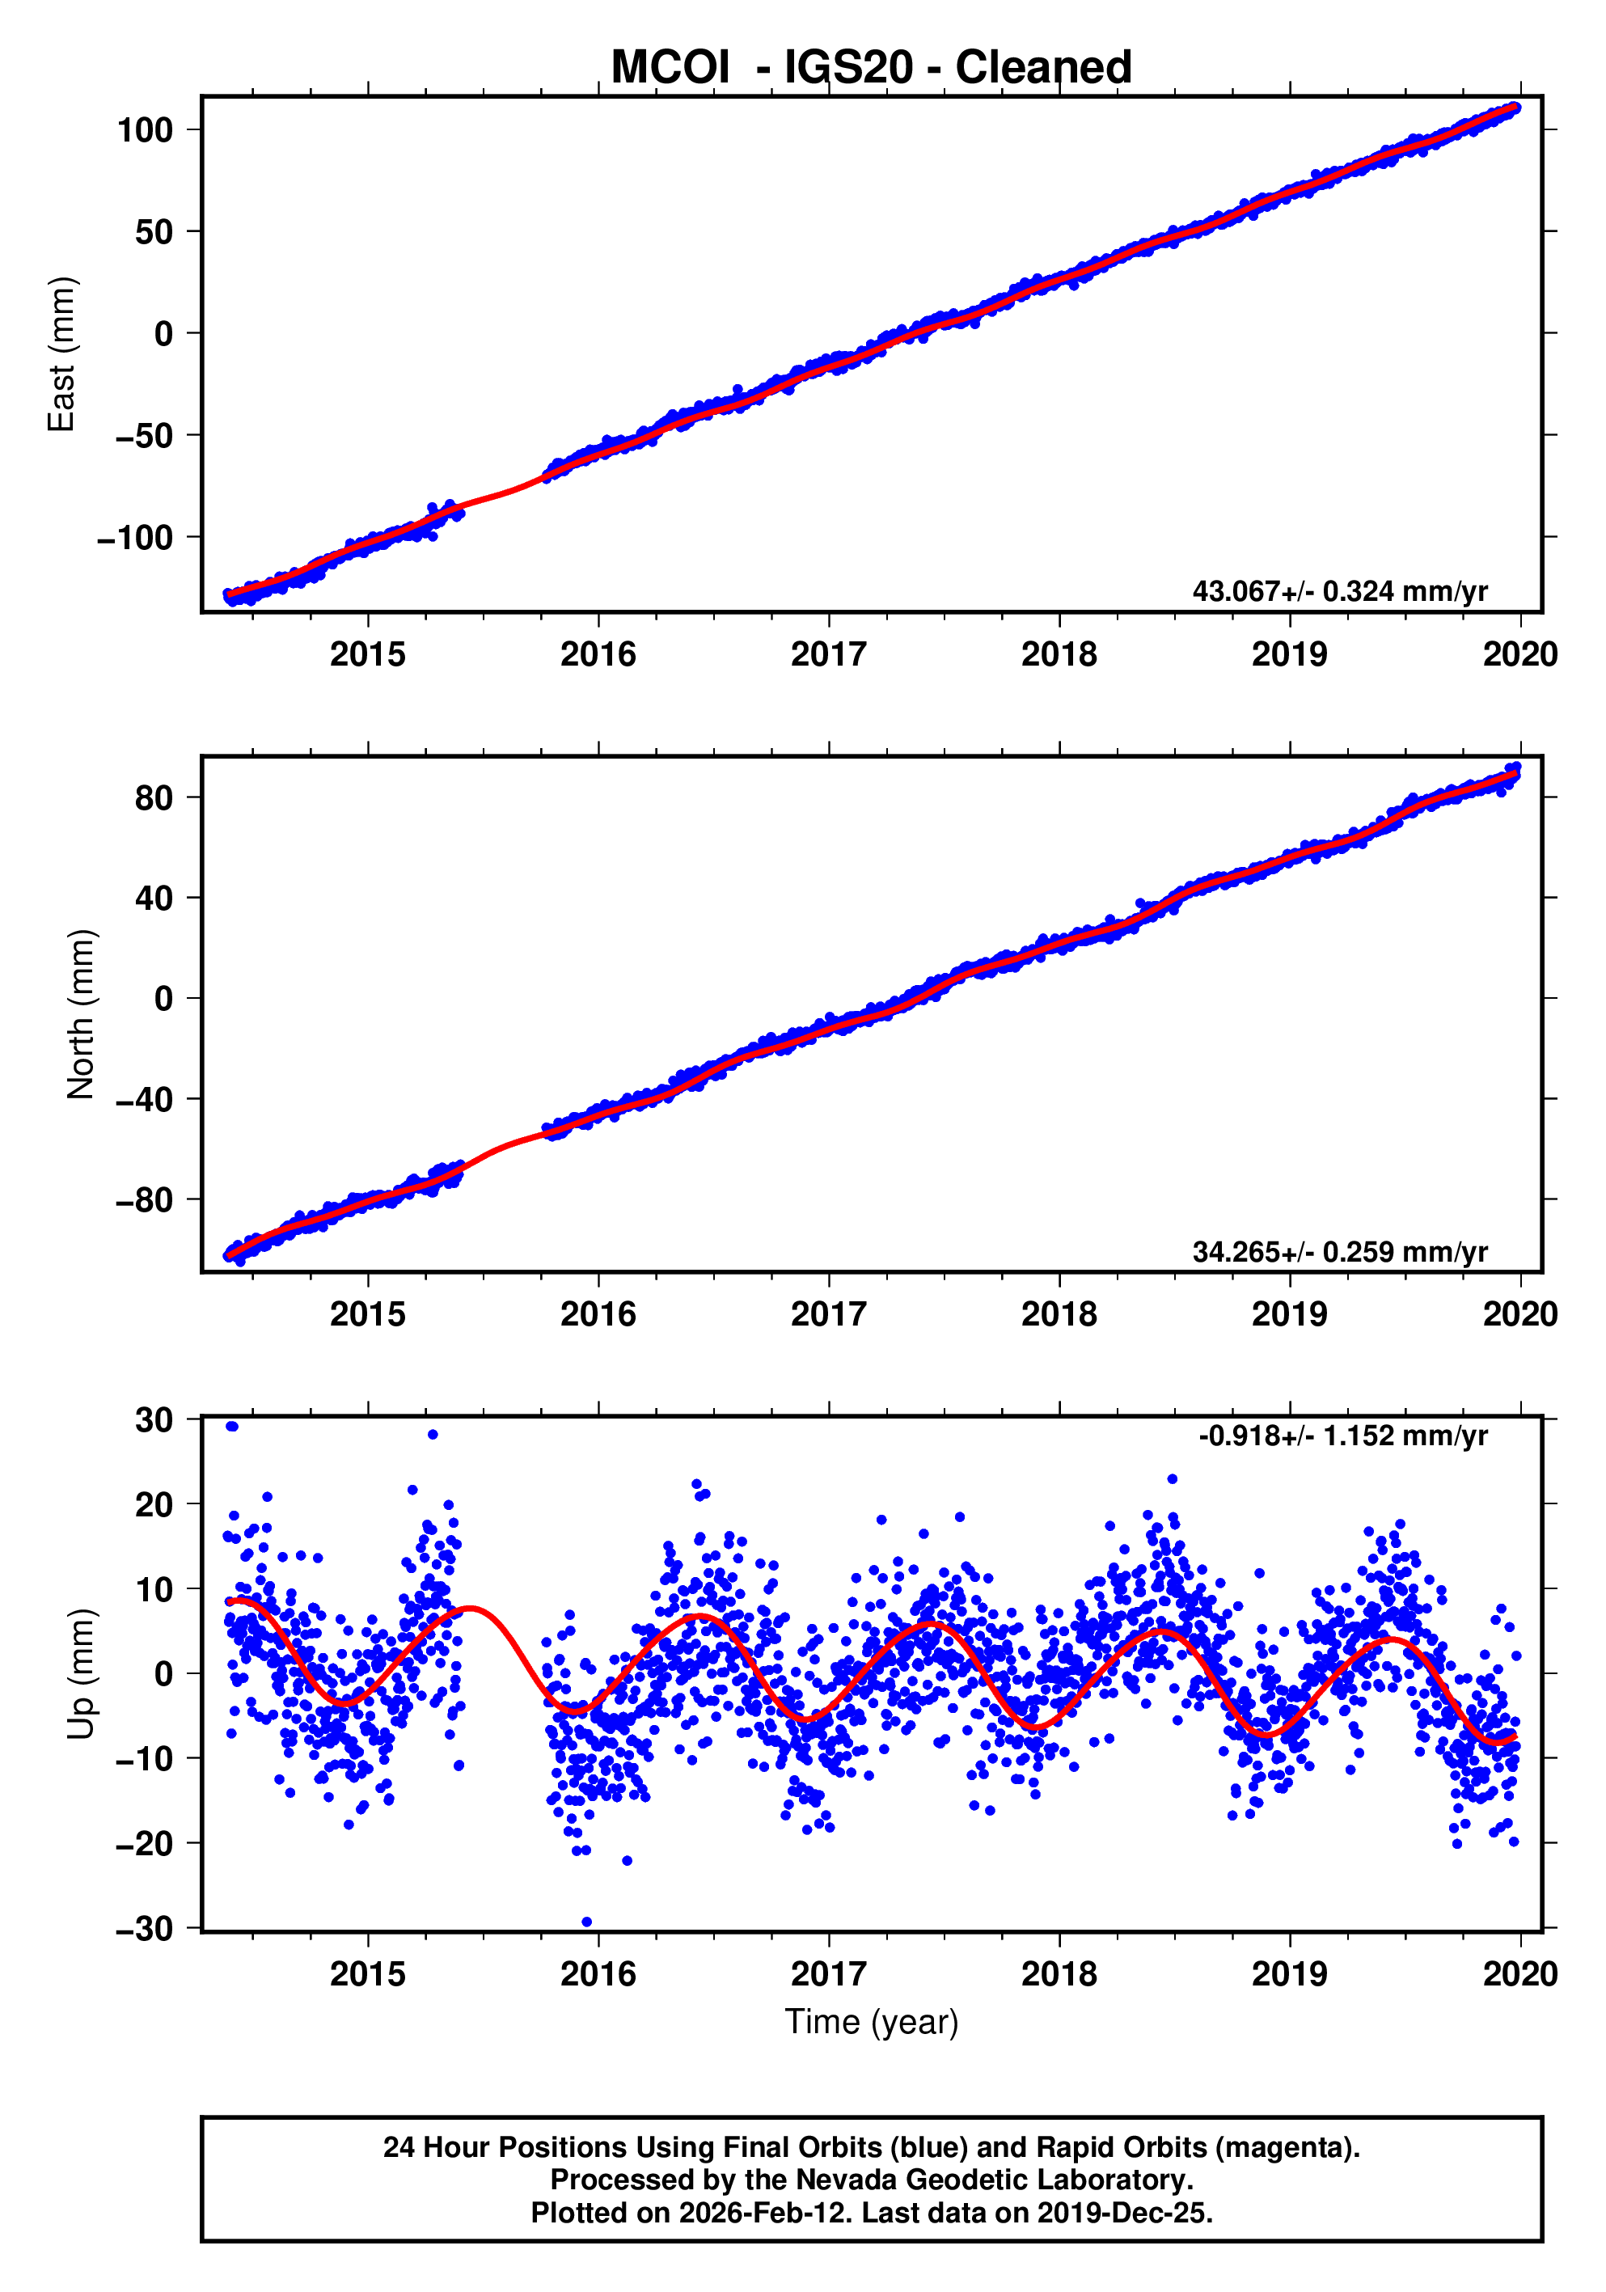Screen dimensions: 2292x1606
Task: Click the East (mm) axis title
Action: (x=62, y=354)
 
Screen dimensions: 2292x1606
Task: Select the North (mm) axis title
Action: (x=81, y=1014)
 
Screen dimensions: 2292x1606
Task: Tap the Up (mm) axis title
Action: (x=81, y=1674)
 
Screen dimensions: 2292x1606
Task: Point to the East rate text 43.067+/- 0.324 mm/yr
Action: (x=1338, y=591)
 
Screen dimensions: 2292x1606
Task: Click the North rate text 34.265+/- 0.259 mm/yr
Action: (x=1338, y=1251)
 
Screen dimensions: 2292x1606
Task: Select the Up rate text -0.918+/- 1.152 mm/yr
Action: (x=1342, y=1436)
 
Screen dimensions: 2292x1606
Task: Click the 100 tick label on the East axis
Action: (x=145, y=129)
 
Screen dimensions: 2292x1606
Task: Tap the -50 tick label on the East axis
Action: (x=144, y=435)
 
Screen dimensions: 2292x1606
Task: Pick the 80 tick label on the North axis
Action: (x=154, y=797)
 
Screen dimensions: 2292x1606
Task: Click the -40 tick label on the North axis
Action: (x=144, y=1099)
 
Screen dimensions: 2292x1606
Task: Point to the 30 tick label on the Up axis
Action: (x=154, y=1419)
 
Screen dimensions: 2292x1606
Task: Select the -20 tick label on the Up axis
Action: (x=144, y=1844)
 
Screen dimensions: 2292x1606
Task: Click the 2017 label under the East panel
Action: (x=827, y=655)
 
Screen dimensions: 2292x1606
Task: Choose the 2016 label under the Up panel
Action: (x=597, y=1974)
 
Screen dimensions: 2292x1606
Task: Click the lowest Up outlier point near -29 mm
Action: (x=586, y=1922)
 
